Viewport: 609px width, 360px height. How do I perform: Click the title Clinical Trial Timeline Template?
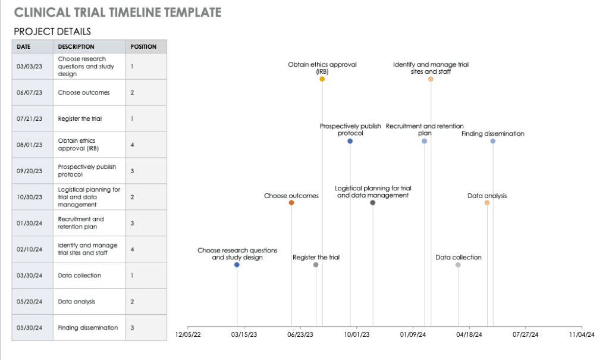coord(118,12)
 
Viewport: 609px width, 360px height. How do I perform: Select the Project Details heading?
coord(52,32)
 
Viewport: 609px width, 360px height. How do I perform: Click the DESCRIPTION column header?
coord(76,46)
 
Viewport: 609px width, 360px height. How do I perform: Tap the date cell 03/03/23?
coord(30,67)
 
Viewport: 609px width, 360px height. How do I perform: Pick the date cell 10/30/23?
coord(30,197)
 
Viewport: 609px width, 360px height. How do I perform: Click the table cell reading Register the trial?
coord(80,118)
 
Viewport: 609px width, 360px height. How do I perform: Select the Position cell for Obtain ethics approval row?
coord(133,145)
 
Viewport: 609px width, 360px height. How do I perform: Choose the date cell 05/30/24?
coord(30,328)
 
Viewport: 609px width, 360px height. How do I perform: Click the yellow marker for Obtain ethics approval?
coord(322,79)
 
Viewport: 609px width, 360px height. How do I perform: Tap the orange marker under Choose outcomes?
coord(291,203)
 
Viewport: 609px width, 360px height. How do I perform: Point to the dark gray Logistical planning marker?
coord(373,203)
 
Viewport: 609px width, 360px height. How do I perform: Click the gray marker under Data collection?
coord(458,265)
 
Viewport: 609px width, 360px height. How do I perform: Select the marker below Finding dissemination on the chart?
coord(493,141)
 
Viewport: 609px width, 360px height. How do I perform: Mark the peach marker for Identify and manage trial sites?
coord(431,79)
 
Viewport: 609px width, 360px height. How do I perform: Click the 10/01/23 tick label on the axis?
coord(356,334)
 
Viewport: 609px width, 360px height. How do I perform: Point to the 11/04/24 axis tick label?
coord(582,334)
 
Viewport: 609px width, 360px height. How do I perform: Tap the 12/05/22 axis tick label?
coord(188,334)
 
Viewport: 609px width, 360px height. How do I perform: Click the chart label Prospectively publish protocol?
coord(350,130)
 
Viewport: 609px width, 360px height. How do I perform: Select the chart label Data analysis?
coord(487,196)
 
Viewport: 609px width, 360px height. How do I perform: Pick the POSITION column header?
coord(143,46)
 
